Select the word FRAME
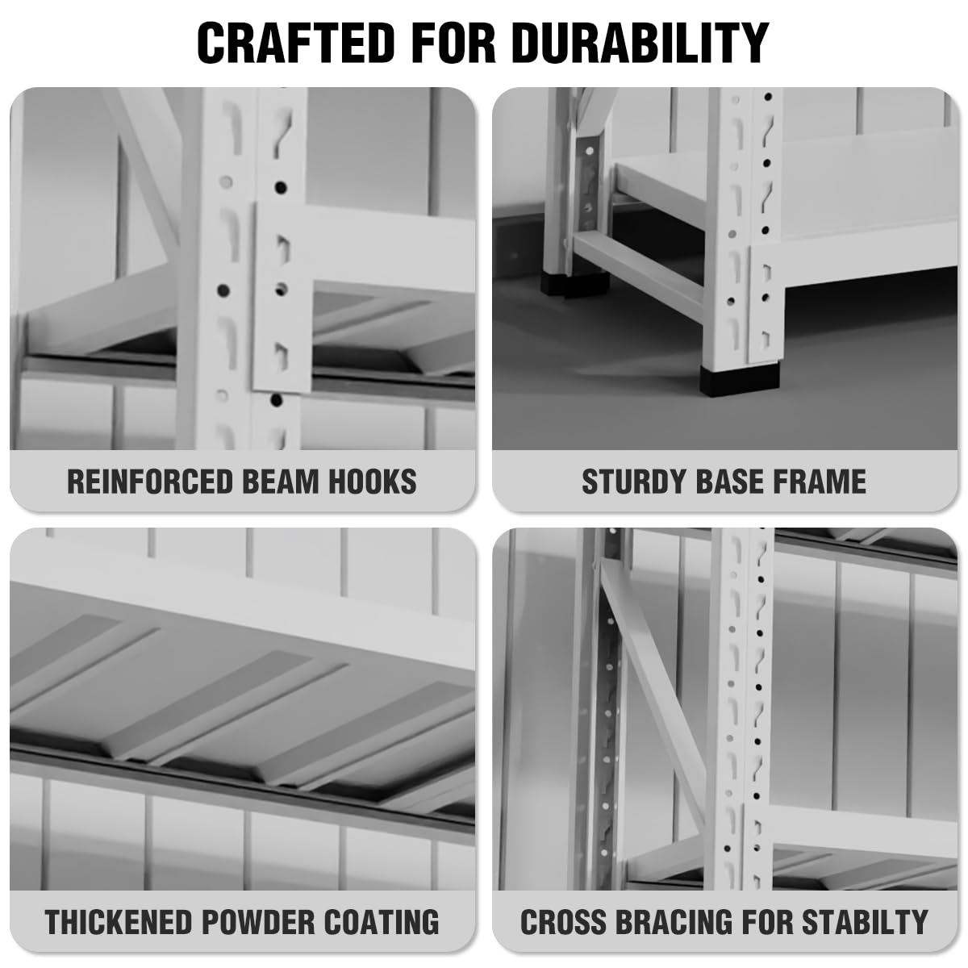(820, 482)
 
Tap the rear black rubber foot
(574, 284)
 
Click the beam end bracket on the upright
(282, 298)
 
